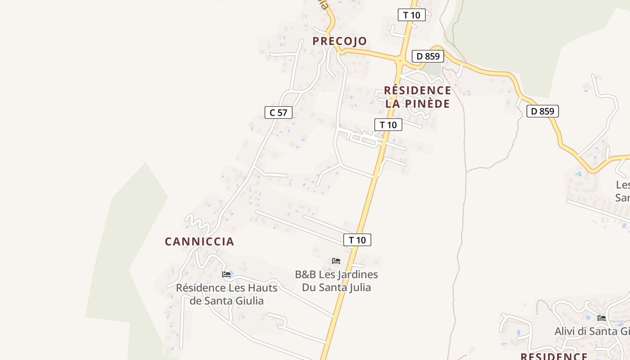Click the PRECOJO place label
click(x=340, y=41)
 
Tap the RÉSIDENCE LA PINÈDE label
click(x=418, y=97)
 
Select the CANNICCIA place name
click(x=199, y=242)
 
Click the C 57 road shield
click(x=279, y=112)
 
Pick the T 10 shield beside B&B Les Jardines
click(x=357, y=240)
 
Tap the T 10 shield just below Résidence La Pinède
click(x=388, y=125)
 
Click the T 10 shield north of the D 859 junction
click(x=411, y=15)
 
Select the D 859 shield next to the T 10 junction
click(x=427, y=56)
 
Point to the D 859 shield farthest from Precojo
click(x=542, y=111)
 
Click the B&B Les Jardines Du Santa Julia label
click(x=336, y=281)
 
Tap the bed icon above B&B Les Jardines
click(x=336, y=261)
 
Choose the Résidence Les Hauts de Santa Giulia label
click(x=226, y=294)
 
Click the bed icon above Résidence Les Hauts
click(x=226, y=274)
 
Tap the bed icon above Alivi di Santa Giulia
click(x=601, y=318)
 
